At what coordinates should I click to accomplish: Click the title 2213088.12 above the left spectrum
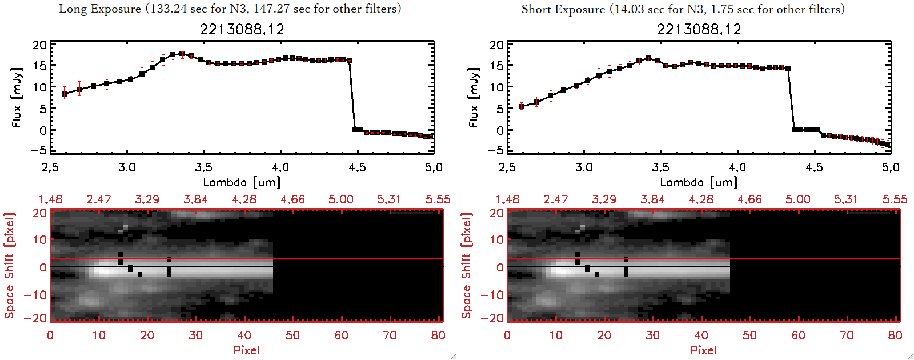click(242, 29)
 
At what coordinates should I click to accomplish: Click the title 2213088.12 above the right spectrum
click(699, 29)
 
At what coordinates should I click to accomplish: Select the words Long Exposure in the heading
click(100, 9)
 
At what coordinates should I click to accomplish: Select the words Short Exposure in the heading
click(563, 9)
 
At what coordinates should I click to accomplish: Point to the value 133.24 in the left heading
click(168, 9)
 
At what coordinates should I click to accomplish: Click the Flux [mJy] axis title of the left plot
click(17, 97)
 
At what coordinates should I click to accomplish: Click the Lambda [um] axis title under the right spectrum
click(699, 182)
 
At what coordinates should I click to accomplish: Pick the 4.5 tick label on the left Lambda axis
click(357, 167)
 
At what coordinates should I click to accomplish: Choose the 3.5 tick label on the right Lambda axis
click(660, 167)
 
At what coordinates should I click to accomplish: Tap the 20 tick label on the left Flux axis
click(39, 45)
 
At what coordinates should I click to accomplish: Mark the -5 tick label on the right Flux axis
click(494, 150)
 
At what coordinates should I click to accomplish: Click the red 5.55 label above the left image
click(438, 199)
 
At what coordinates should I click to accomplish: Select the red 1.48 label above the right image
click(507, 199)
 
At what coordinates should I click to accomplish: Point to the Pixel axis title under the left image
click(246, 350)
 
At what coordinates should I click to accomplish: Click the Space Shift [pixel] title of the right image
click(467, 266)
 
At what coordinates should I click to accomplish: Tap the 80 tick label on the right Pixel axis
click(895, 335)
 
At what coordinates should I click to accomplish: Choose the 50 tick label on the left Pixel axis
click(292, 335)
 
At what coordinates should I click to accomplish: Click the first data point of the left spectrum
click(65, 94)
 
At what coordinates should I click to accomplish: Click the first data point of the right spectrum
click(521, 106)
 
